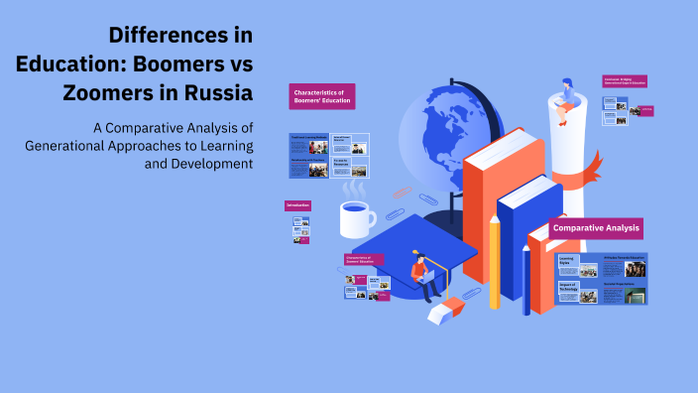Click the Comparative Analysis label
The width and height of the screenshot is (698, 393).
[596, 228]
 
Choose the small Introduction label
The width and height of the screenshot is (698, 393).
[298, 205]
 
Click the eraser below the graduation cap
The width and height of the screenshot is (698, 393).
[442, 311]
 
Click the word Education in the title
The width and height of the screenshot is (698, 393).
[62, 64]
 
